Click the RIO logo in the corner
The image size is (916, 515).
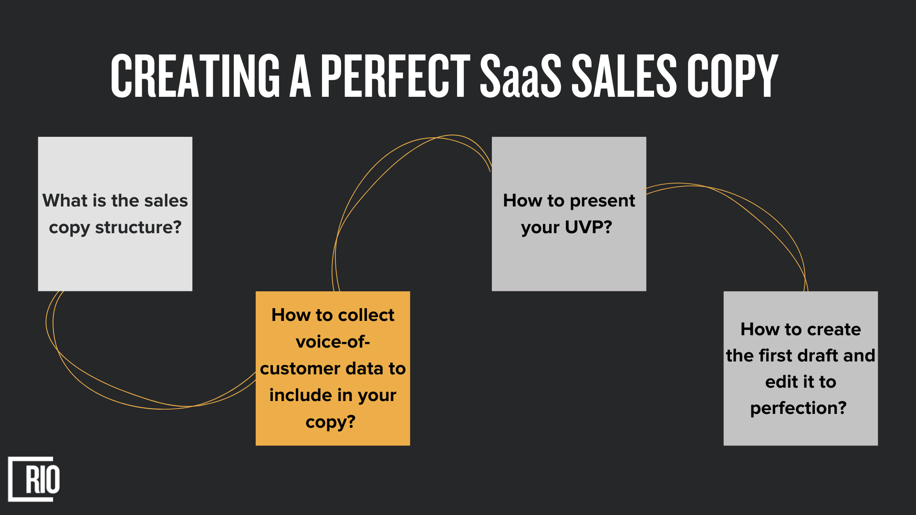pos(34,479)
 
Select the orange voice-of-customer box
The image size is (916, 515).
pos(333,368)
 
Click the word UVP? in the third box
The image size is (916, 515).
pos(588,227)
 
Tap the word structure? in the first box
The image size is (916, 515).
pos(138,227)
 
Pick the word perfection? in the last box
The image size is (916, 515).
pos(798,408)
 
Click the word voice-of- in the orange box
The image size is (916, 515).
pos(333,342)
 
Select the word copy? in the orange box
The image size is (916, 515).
pos(331,422)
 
